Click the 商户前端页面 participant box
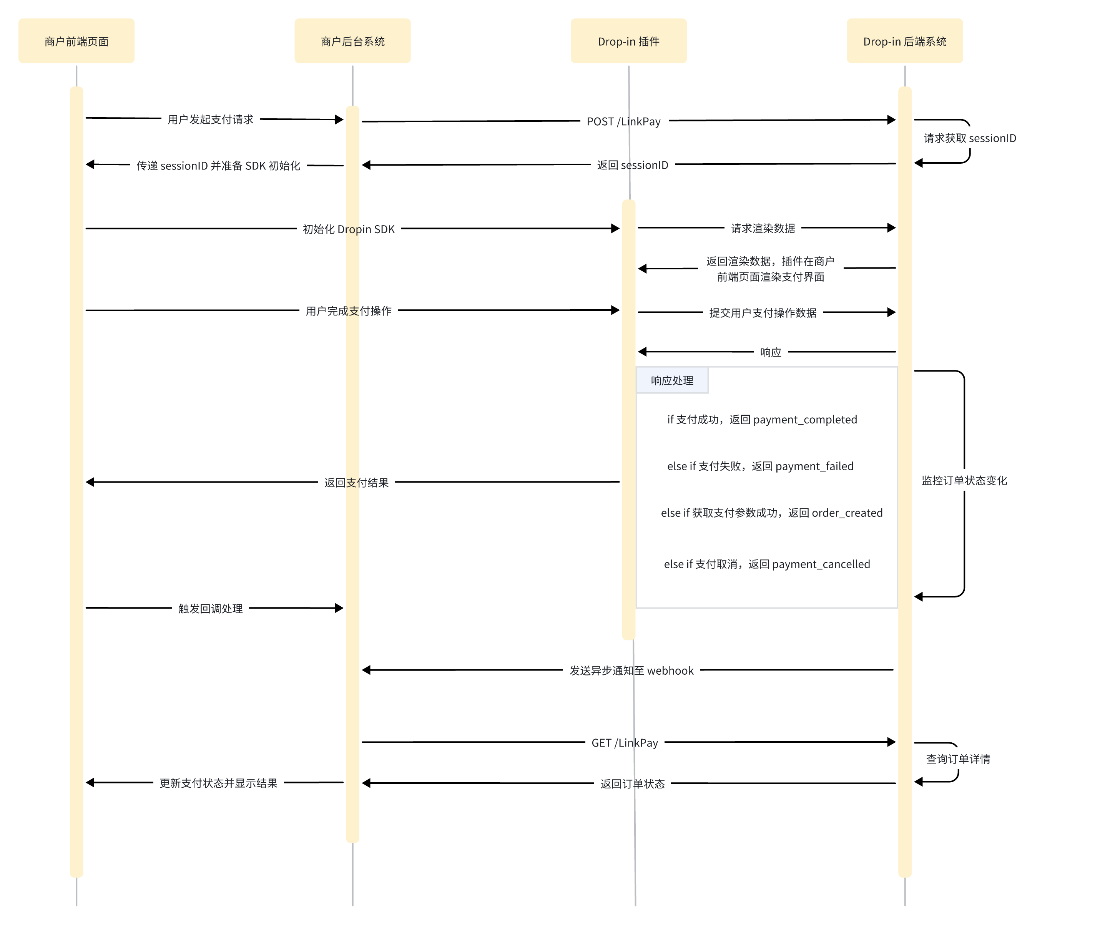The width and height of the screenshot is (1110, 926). point(76,41)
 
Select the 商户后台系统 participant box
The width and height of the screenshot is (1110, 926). point(352,41)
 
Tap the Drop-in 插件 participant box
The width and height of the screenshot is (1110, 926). point(628,41)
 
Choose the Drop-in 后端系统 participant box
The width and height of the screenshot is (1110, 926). point(904,41)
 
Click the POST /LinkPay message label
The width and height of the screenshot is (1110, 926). point(624,121)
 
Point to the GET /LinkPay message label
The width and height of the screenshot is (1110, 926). point(625,743)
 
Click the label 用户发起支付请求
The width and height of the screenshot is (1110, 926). point(210,119)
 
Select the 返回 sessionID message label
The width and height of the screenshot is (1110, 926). point(632,165)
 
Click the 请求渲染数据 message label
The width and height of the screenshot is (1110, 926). point(763,228)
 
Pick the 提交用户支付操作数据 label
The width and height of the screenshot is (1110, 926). point(763,313)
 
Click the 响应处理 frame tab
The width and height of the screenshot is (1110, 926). point(672,380)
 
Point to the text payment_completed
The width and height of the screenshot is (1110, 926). point(805,420)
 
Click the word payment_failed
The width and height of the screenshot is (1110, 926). point(814,466)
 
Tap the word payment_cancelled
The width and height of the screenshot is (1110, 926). point(821,564)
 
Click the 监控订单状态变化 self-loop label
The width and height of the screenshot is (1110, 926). point(964,480)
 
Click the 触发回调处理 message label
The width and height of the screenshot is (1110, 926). point(210,608)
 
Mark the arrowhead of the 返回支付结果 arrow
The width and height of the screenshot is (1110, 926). point(90,482)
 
